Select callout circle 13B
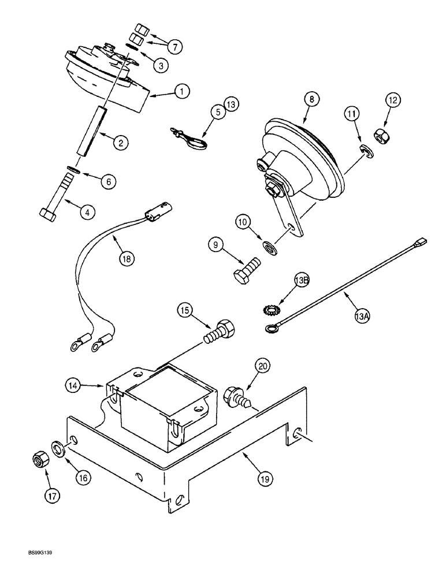303,280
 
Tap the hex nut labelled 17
39,460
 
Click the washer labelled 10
268,248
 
